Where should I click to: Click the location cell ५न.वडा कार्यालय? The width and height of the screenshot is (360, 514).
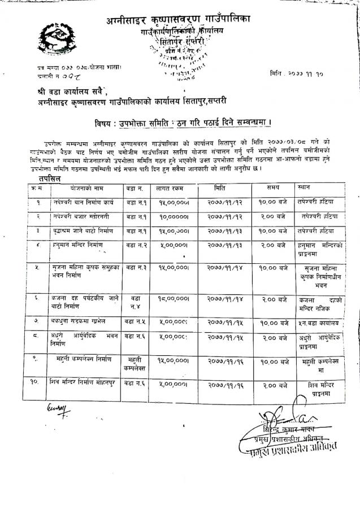pyautogui.click(x=320, y=323)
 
